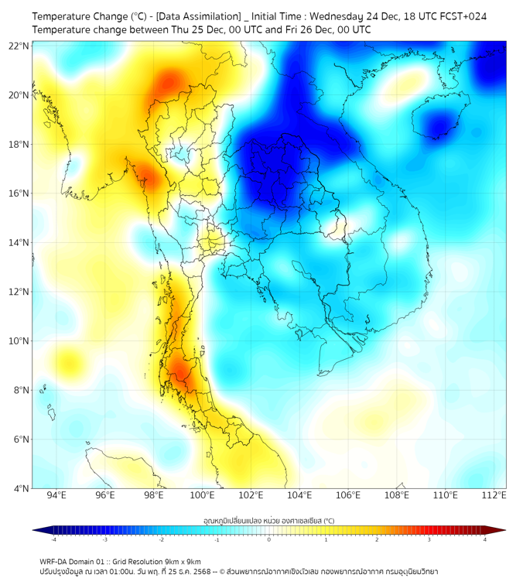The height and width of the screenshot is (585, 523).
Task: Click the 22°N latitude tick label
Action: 19,46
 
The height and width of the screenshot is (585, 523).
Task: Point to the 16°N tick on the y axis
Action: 19,193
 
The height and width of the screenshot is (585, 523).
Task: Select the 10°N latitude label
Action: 19,341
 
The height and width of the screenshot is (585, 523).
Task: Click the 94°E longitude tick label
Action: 56,496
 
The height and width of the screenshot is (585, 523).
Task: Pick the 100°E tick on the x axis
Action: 203,496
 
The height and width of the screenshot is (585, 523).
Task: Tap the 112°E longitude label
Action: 494,496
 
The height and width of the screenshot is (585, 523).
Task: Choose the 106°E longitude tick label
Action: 348,496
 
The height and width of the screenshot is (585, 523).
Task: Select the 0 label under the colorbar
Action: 268,539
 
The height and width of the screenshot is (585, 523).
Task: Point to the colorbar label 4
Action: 485,539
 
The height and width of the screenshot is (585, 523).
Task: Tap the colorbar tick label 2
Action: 377,539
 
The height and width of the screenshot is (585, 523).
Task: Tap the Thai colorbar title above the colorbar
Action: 268,520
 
